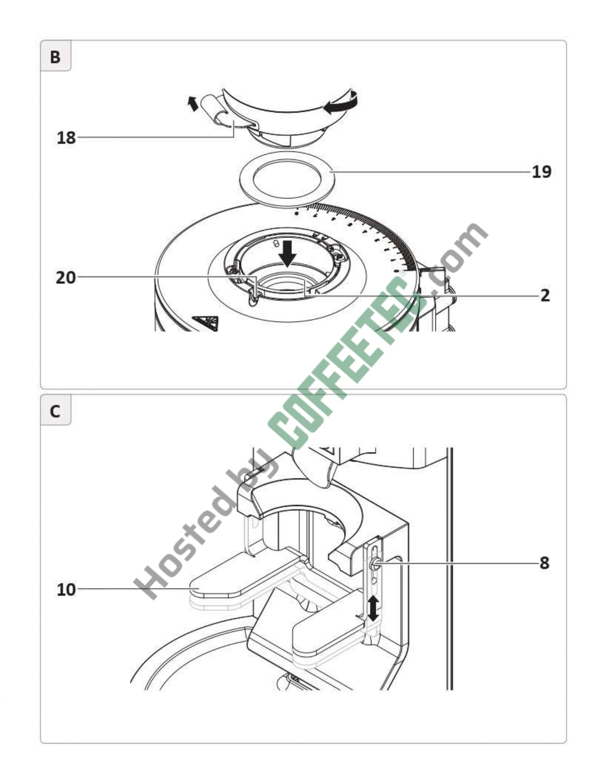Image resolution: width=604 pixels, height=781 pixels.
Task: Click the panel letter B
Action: (x=55, y=57)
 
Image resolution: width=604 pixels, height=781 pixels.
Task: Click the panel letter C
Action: (x=55, y=411)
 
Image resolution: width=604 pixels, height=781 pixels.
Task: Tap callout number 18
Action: (x=66, y=138)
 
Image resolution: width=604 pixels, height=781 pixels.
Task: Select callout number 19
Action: (x=542, y=172)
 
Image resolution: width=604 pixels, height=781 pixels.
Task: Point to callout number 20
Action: (x=66, y=278)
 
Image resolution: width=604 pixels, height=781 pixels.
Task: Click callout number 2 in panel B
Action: (x=545, y=296)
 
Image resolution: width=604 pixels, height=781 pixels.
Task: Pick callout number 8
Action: (x=545, y=563)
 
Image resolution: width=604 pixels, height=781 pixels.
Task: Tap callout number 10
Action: (x=66, y=590)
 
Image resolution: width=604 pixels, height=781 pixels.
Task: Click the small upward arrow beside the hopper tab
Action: (x=193, y=103)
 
